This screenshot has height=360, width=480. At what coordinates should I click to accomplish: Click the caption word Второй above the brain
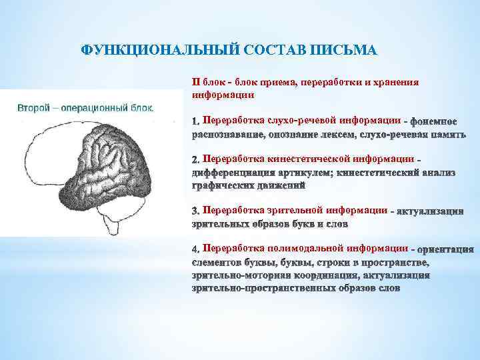coord(37,107)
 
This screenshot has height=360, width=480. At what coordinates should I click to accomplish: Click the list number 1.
coord(195,122)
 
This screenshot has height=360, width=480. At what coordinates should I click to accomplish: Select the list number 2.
coord(195,160)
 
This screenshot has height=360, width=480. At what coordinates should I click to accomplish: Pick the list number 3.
coord(195,211)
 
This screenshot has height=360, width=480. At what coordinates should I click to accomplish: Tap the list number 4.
coord(195,249)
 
